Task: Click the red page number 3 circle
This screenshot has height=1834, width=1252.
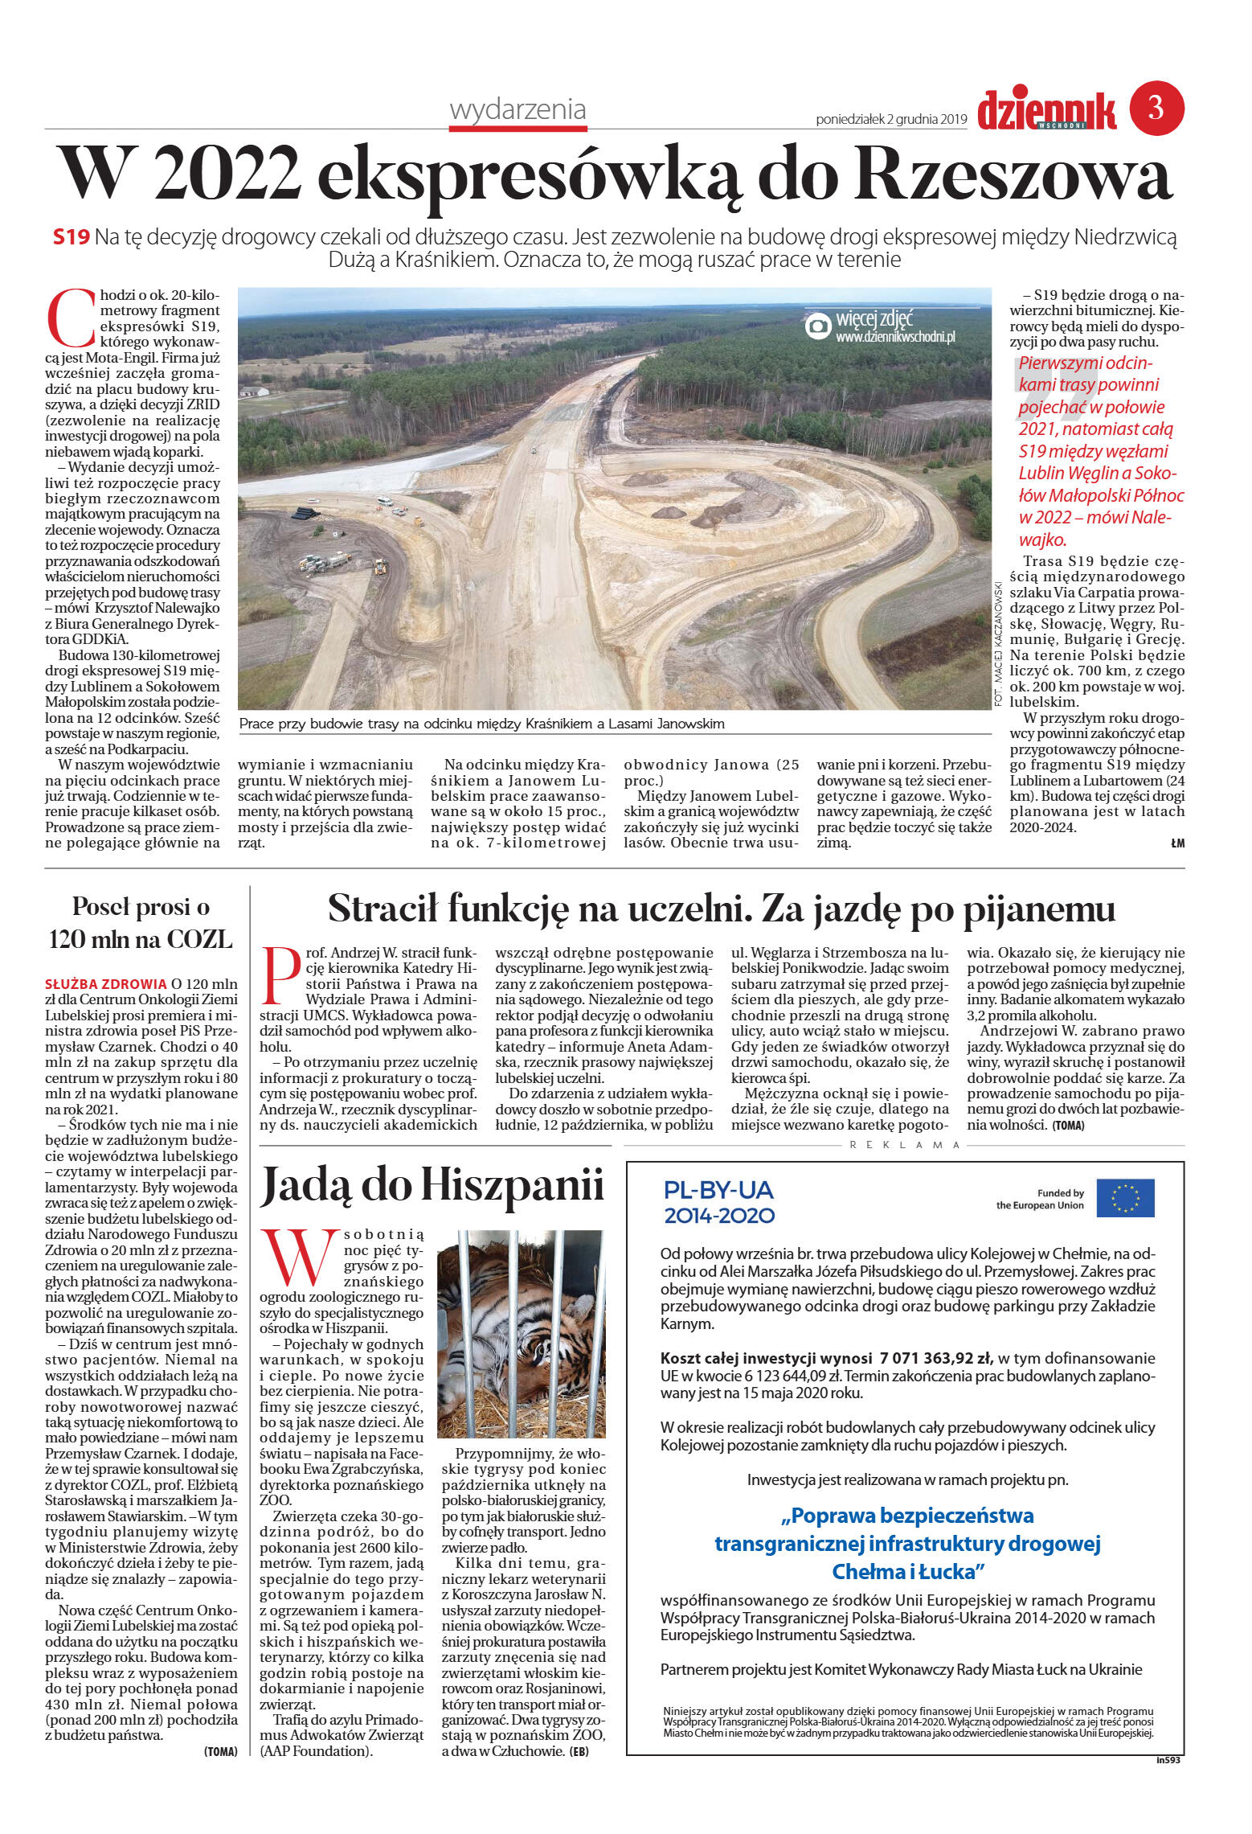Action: click(x=1156, y=107)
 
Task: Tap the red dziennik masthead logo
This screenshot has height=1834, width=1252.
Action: click(x=1046, y=110)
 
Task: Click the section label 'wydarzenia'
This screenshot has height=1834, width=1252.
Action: click(x=518, y=109)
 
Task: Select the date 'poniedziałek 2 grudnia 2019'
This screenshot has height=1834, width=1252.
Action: click(x=891, y=120)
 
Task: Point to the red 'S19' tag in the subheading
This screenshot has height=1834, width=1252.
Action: click(x=71, y=237)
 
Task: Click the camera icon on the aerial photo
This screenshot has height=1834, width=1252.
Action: click(x=818, y=326)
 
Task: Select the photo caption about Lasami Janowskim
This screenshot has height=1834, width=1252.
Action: click(x=482, y=724)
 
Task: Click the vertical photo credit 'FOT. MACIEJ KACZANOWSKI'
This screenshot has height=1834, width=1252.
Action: click(x=999, y=643)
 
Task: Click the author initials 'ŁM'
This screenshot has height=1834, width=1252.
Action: click(x=1177, y=843)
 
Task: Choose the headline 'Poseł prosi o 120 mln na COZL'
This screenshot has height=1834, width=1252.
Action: click(x=141, y=922)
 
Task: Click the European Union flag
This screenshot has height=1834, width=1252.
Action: click(x=1125, y=1198)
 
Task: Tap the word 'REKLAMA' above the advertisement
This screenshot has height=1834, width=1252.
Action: click(x=905, y=1145)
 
